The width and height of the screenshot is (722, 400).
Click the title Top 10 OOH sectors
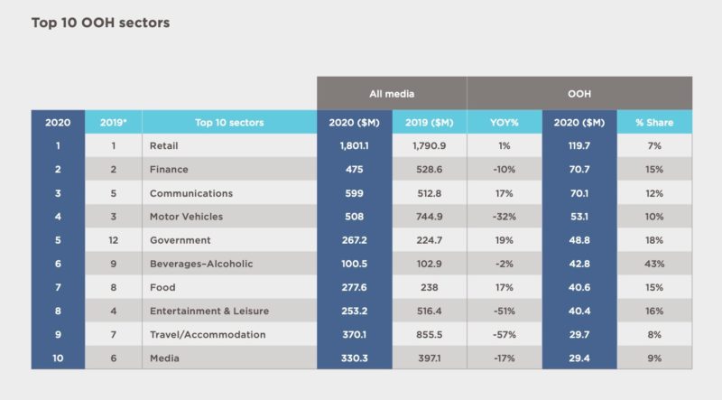point(100,22)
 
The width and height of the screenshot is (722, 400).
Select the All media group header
point(391,93)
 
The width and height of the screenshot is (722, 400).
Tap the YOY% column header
point(504,123)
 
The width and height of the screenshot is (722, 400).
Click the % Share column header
point(654,123)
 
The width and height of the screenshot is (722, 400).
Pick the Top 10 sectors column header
point(229,123)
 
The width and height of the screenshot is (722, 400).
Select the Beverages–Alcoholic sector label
point(199,264)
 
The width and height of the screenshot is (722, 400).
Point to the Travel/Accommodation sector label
point(208,334)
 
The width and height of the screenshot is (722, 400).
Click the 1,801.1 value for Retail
point(354,145)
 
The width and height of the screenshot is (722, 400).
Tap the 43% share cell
point(654,264)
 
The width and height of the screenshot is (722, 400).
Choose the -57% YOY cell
point(504,334)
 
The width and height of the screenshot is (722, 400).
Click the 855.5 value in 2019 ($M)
point(430,334)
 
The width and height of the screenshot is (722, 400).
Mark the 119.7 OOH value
point(579,145)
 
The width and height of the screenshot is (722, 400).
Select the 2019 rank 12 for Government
point(113,240)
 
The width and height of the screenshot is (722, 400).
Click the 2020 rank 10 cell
point(58,358)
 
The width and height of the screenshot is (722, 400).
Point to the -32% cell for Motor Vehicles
point(504,217)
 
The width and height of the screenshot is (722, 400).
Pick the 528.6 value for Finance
point(430,169)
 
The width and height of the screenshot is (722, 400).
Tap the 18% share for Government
point(654,240)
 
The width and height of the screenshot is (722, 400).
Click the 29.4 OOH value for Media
point(579,358)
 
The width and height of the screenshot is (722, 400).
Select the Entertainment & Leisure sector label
point(209,311)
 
